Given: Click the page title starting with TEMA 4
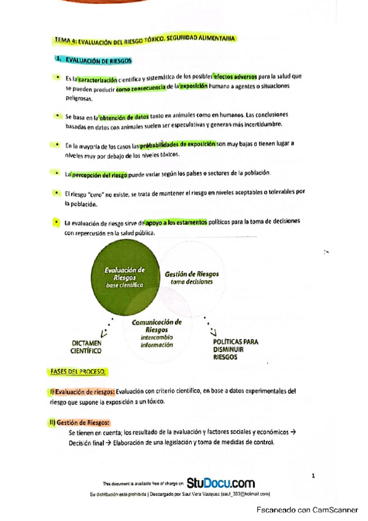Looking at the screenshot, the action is [x=145, y=41].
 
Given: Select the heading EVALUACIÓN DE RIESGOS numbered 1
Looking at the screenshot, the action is [x=93, y=61].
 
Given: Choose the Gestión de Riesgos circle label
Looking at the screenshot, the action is [x=192, y=277].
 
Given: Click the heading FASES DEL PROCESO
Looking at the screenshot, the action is [x=77, y=372].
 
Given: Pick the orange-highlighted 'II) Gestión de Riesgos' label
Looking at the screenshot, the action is [x=80, y=422].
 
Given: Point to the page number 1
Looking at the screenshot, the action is [x=313, y=475].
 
